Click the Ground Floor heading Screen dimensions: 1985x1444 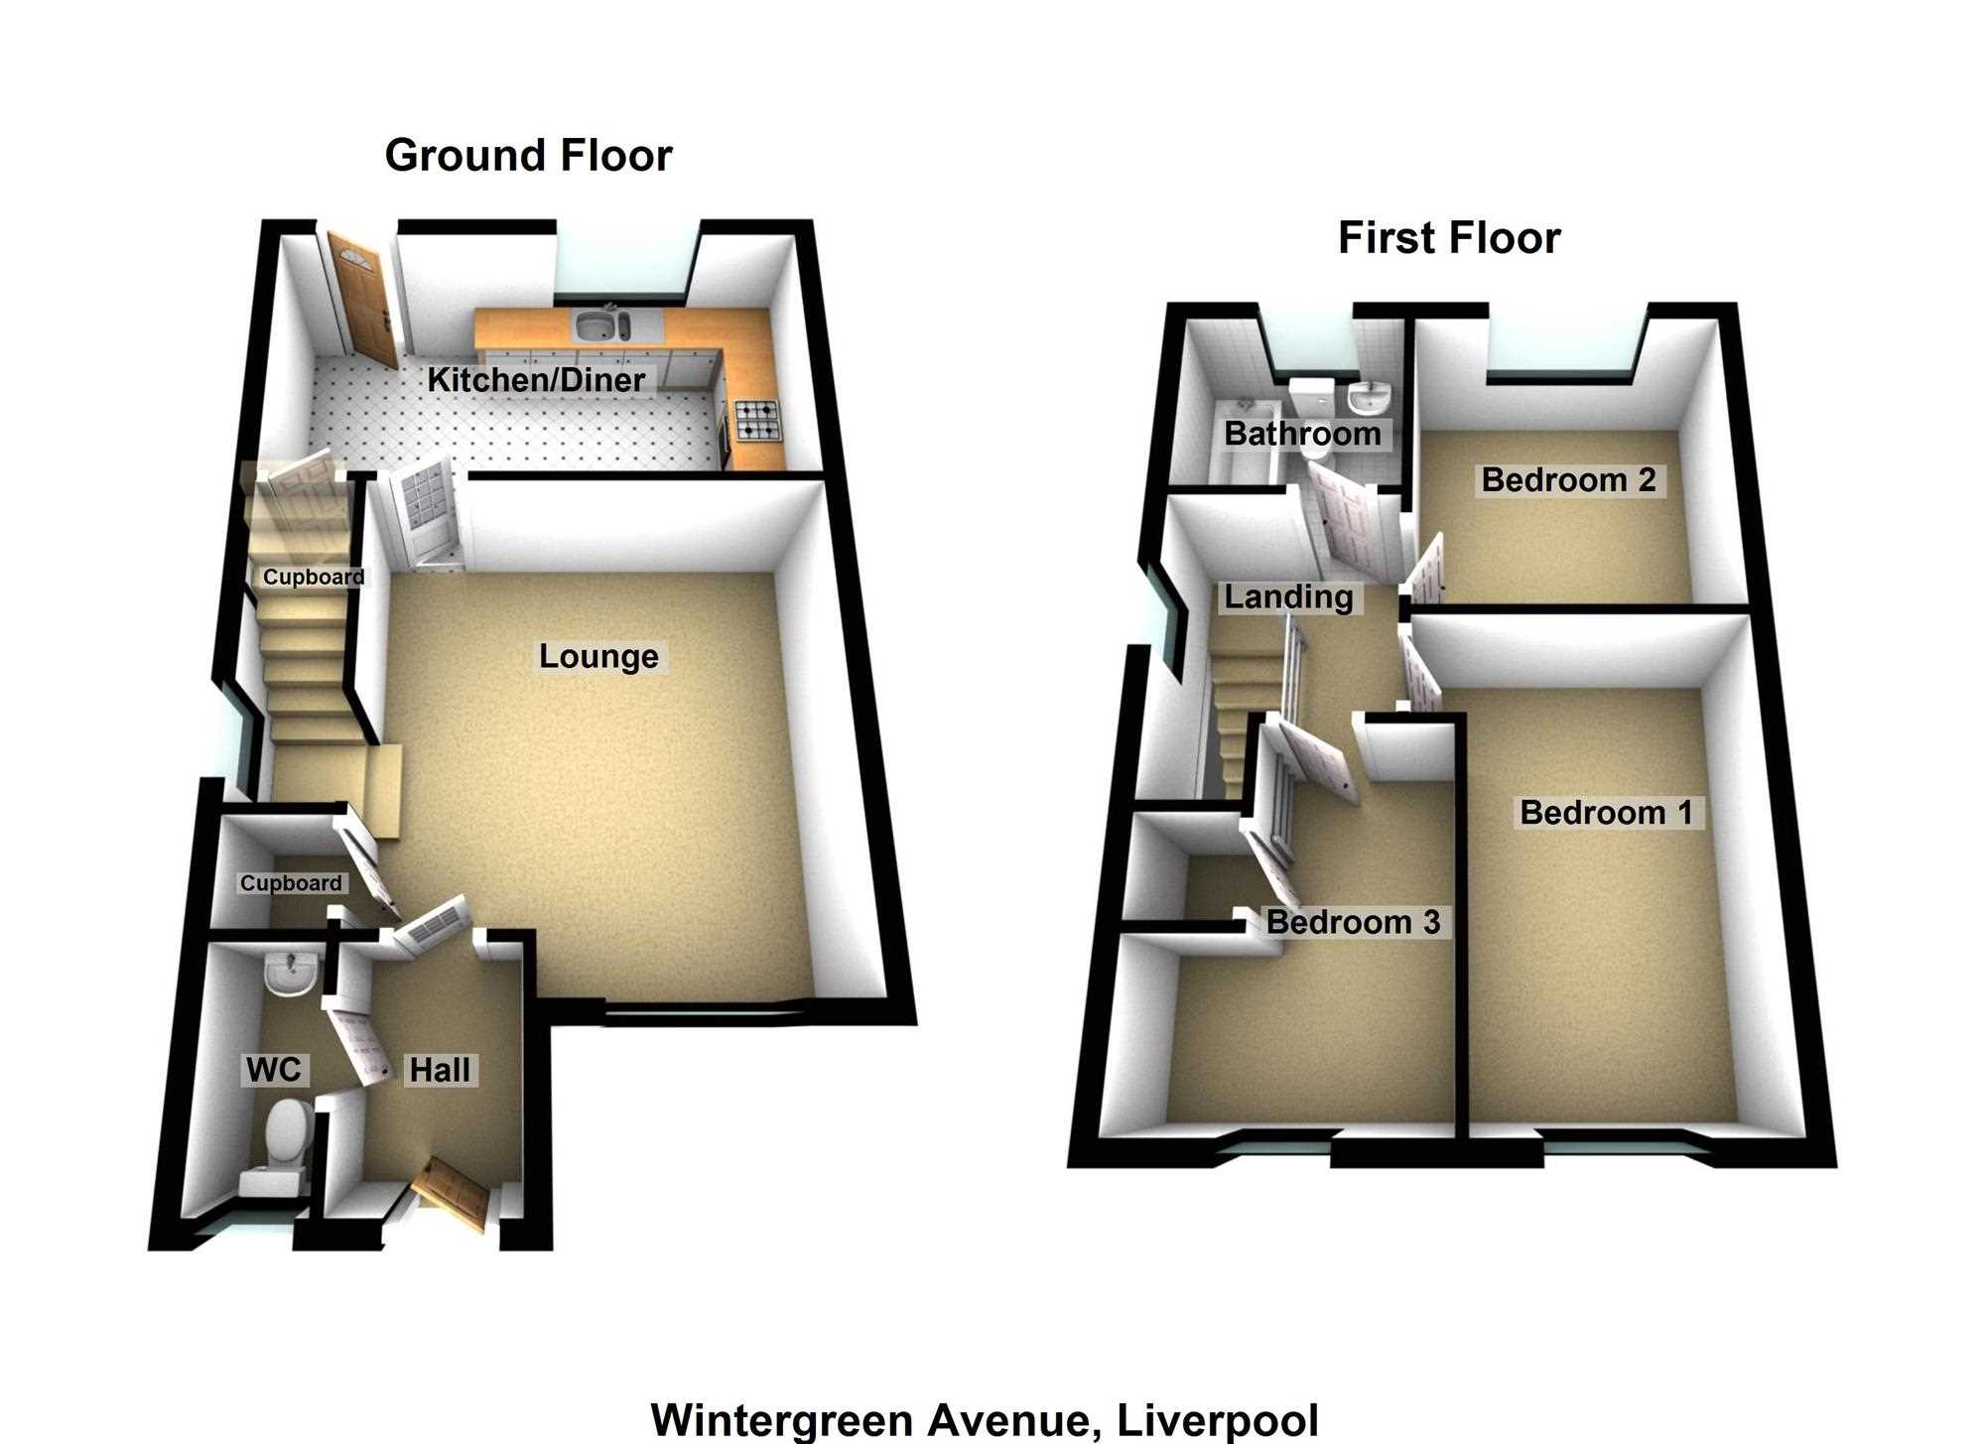point(528,156)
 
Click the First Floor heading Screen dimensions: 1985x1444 point(1449,238)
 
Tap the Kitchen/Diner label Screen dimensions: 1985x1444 point(536,379)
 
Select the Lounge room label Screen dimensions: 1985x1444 point(598,656)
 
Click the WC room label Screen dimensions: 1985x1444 point(274,1069)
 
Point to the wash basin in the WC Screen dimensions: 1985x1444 point(292,972)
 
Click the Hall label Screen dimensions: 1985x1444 point(440,1069)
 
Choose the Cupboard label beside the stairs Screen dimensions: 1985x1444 point(314,577)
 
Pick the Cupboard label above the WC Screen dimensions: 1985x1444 point(291,883)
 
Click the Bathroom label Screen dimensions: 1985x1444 point(1302,434)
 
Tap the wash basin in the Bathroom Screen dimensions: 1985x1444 point(1370,396)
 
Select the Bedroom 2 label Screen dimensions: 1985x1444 point(1568,480)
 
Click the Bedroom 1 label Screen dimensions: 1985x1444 point(1606,813)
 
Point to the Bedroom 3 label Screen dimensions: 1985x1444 point(1353,922)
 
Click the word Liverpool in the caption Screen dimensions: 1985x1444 point(1219,1420)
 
